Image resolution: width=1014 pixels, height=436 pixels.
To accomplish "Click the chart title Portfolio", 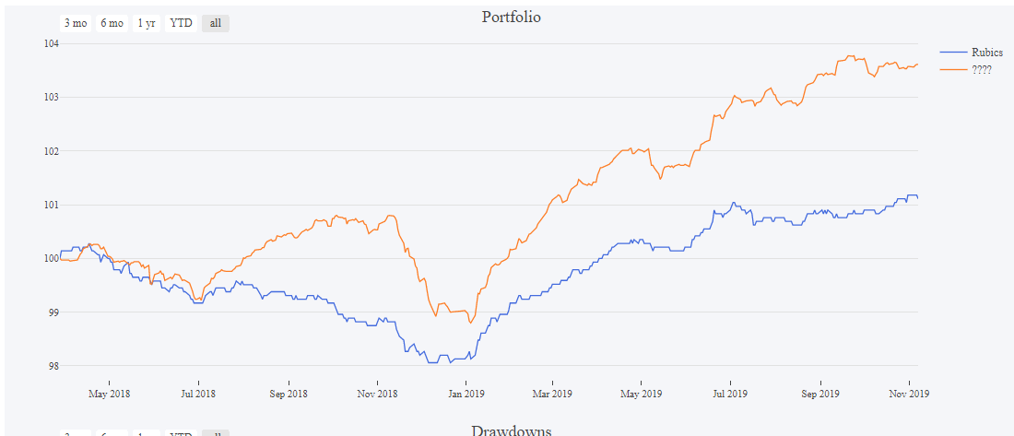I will click(511, 17).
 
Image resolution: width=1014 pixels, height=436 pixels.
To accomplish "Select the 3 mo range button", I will click(76, 23).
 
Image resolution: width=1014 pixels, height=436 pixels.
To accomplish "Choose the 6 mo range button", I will click(112, 23).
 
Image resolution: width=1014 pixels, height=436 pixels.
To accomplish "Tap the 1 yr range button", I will click(147, 23).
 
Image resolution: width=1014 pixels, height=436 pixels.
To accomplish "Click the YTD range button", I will click(181, 23).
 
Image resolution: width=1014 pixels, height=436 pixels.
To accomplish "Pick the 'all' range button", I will click(215, 23).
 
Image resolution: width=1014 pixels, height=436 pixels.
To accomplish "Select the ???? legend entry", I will click(981, 69).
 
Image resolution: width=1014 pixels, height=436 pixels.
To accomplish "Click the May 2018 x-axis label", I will click(109, 394).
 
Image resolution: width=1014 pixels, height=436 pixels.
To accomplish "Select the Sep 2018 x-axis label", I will click(289, 394).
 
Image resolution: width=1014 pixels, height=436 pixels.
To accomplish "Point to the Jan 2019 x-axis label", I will click(466, 394).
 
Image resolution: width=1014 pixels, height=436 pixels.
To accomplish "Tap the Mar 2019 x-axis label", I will click(552, 394).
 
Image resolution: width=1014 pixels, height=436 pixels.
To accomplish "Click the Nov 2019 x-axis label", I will click(909, 394).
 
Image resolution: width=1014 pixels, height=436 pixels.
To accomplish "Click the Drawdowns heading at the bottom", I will click(511, 430).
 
